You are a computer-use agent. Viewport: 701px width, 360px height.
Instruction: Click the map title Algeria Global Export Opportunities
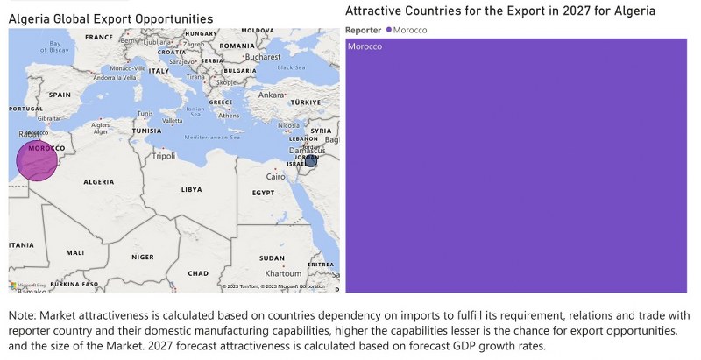(x=110, y=18)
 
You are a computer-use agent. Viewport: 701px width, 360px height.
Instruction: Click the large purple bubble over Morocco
(x=37, y=160)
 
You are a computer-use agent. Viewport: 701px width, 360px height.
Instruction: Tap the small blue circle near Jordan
(x=310, y=160)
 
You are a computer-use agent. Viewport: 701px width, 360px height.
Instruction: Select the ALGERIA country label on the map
(x=98, y=181)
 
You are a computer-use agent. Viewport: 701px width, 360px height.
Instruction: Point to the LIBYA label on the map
(x=191, y=189)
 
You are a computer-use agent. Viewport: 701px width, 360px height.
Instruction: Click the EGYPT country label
(x=263, y=193)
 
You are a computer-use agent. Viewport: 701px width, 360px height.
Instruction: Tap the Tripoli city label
(x=164, y=157)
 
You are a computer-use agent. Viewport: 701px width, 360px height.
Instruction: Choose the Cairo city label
(x=277, y=176)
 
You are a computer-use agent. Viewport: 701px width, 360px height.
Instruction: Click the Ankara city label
(x=273, y=95)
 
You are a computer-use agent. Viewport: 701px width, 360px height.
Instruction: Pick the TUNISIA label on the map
(x=146, y=131)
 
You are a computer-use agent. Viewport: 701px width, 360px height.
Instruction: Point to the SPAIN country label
(x=60, y=95)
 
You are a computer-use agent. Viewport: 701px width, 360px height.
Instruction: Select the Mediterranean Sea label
(x=215, y=137)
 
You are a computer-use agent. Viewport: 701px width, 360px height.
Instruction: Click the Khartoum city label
(x=284, y=273)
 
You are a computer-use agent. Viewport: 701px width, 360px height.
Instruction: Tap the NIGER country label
(x=142, y=258)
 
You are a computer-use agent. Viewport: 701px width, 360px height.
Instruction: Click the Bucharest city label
(x=262, y=57)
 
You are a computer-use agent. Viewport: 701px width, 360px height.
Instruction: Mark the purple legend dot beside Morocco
(x=388, y=30)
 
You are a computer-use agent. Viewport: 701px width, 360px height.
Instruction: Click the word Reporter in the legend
(x=364, y=30)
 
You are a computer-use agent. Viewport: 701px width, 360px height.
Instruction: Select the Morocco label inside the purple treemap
(x=365, y=46)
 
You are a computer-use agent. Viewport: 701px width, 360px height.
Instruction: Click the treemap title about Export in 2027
(x=499, y=11)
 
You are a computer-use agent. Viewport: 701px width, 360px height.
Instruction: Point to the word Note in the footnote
(x=22, y=315)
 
